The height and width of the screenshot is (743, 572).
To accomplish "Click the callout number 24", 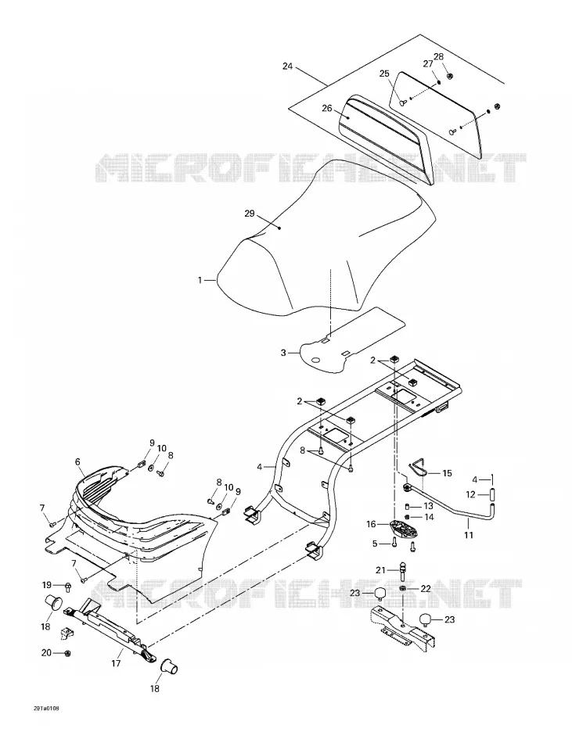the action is pyautogui.click(x=287, y=66).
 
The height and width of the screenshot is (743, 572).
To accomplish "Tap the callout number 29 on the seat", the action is pyautogui.click(x=250, y=214).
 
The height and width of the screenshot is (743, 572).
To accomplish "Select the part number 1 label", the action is pyautogui.click(x=200, y=280).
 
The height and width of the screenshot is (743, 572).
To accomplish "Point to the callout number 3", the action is pyautogui.click(x=283, y=353).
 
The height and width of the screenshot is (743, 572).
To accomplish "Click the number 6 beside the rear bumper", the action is pyautogui.click(x=77, y=461).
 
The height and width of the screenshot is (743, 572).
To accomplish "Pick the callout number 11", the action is pyautogui.click(x=469, y=535).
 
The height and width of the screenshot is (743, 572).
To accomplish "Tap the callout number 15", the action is pyautogui.click(x=447, y=473).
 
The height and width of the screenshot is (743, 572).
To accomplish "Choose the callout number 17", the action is pyautogui.click(x=116, y=664).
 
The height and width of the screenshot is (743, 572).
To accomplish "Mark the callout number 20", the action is pyautogui.click(x=46, y=653).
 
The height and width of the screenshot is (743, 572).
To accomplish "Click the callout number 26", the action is pyautogui.click(x=327, y=108).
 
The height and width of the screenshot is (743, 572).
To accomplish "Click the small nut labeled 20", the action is pyautogui.click(x=67, y=653).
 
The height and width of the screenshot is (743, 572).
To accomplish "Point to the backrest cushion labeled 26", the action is pyautogui.click(x=385, y=139).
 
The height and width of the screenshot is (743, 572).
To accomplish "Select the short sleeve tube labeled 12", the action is pyautogui.click(x=492, y=495).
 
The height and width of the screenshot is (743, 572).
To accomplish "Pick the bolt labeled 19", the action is pyautogui.click(x=68, y=587).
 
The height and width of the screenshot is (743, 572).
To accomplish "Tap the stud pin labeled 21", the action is pyautogui.click(x=403, y=571).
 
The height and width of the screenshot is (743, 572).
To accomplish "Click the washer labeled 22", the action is pyautogui.click(x=402, y=588).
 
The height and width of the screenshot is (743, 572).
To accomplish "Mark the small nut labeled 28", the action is pyautogui.click(x=450, y=75).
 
